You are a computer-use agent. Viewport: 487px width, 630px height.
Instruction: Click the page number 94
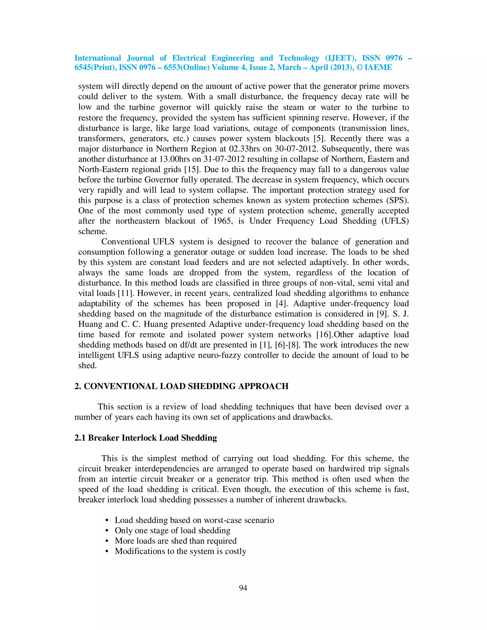(243, 588)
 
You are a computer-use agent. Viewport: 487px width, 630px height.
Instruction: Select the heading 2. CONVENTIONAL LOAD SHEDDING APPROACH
(181, 386)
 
